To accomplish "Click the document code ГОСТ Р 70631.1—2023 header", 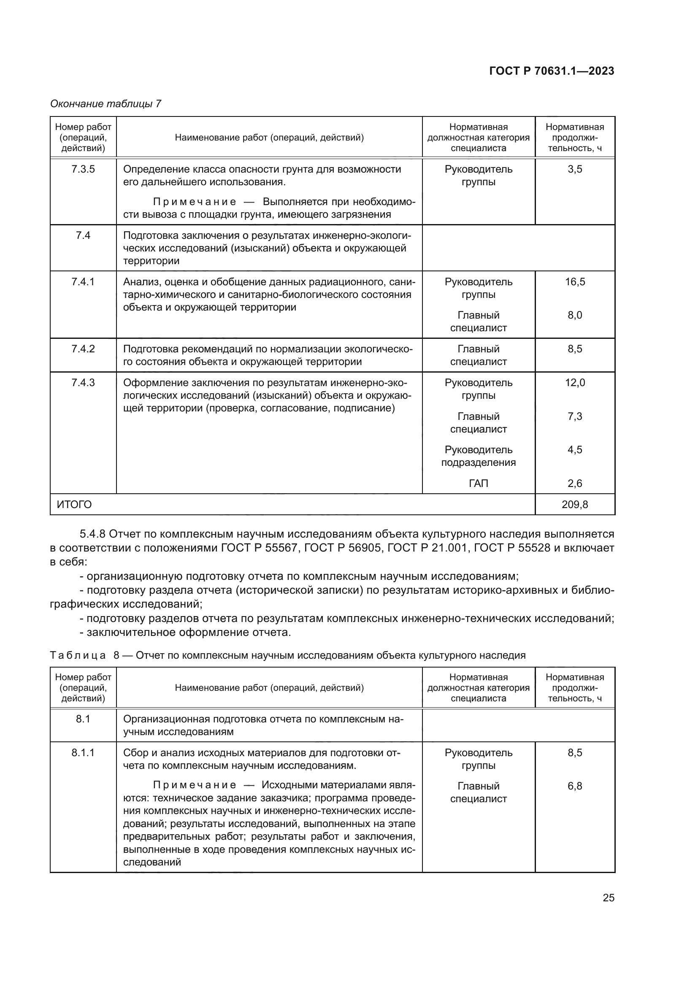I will [x=552, y=71].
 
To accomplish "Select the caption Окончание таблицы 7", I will [x=106, y=104].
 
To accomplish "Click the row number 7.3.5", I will [x=83, y=169].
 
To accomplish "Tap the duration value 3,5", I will [x=575, y=169].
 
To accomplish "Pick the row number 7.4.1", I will [x=83, y=281].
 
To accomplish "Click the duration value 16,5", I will [x=575, y=281].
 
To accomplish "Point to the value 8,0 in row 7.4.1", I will [x=575, y=315].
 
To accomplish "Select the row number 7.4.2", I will [x=83, y=349].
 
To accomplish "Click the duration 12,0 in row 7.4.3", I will [x=575, y=383].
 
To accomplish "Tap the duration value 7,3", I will [x=575, y=416].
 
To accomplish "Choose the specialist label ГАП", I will [x=479, y=484].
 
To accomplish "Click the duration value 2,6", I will [x=575, y=484].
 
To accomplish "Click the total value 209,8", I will [x=575, y=504].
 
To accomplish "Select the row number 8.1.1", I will [x=83, y=753].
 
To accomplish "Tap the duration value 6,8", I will [x=575, y=786].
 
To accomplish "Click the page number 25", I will [x=608, y=898].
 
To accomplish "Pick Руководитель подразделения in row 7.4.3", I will [x=479, y=456].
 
